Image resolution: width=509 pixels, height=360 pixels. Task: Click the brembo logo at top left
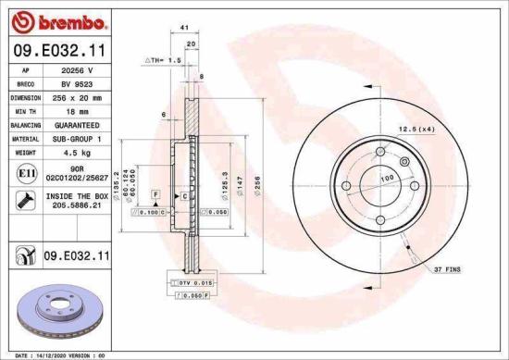(x=57, y=20)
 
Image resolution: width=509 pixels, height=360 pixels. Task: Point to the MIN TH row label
(x=24, y=110)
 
